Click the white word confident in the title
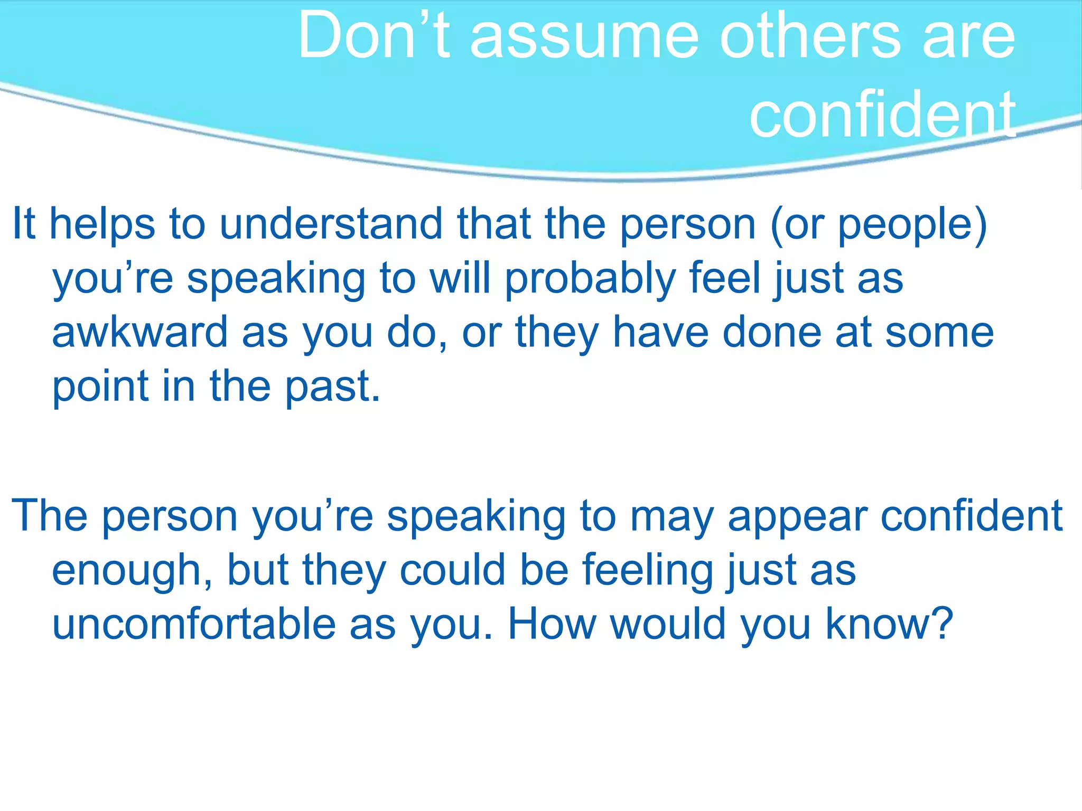coord(882,114)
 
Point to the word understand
coord(331,224)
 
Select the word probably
coord(590,280)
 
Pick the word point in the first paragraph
coord(100,388)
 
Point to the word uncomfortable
coord(193,624)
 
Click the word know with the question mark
coord(890,624)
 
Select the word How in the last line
coord(552,624)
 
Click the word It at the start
coord(24,224)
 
